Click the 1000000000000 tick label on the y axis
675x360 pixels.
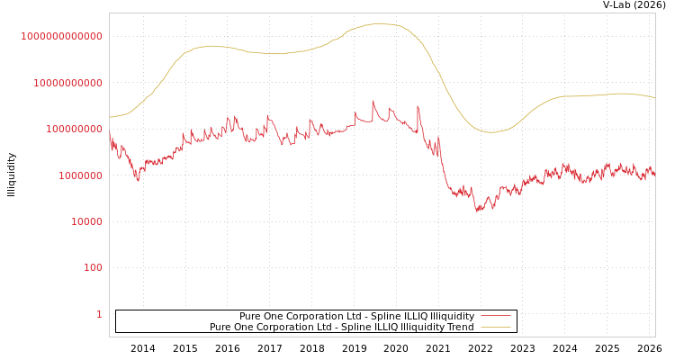click(62, 36)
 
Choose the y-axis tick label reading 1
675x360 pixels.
click(99, 314)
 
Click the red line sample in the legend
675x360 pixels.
click(496, 316)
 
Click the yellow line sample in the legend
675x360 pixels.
click(496, 328)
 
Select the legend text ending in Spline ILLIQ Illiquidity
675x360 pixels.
click(356, 316)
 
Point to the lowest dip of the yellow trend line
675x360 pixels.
click(491, 132)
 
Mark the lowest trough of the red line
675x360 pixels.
click(477, 211)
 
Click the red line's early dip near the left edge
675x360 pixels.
click(138, 180)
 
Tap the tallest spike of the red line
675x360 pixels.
click(373, 102)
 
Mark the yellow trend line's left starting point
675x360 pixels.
click(110, 117)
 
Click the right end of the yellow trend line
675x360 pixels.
click(654, 97)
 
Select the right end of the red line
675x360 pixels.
click(654, 171)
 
